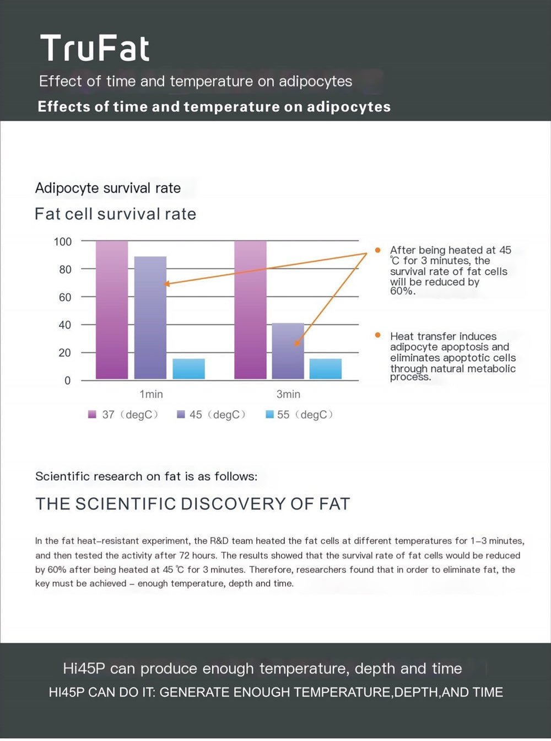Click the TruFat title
[94, 49]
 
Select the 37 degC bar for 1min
[112, 310]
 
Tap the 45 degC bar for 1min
[150, 318]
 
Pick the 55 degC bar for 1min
[188, 369]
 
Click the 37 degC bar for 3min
[250, 310]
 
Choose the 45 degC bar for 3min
[288, 351]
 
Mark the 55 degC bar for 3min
[325, 369]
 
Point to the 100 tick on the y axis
[63, 241]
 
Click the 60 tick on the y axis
[65, 298]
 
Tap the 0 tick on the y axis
[68, 381]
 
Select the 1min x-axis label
[151, 395]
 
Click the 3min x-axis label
[288, 395]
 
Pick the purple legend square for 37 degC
[92, 415]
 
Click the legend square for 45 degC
[181, 415]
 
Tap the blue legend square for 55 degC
[269, 415]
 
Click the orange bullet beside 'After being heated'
[377, 250]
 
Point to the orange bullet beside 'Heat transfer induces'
[377, 335]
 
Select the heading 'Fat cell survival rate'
[115, 214]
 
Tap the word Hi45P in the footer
[84, 669]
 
